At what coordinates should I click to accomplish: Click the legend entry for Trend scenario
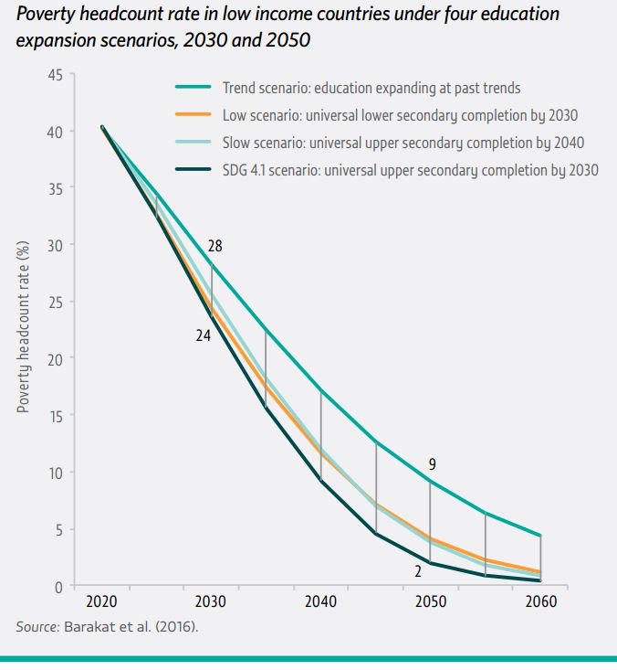[x=371, y=89]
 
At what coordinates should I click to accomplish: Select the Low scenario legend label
[x=400, y=116]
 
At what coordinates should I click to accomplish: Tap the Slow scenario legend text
[x=403, y=143]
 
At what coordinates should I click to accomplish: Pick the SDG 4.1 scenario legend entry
[x=410, y=170]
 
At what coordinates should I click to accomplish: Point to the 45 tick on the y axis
[x=55, y=75]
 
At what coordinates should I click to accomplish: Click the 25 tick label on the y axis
[x=55, y=303]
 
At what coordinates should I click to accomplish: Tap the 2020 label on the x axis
[x=101, y=603]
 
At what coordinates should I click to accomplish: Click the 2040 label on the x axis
[x=320, y=603]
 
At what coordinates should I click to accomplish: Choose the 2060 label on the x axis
[x=540, y=603]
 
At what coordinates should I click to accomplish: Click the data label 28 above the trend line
[x=214, y=246]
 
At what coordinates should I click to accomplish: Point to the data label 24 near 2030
[x=204, y=335]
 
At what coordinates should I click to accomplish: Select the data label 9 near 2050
[x=432, y=465]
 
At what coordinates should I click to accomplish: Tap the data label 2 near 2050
[x=417, y=571]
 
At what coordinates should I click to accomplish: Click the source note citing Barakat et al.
[x=107, y=627]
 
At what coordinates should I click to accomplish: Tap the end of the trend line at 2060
[x=540, y=536]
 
